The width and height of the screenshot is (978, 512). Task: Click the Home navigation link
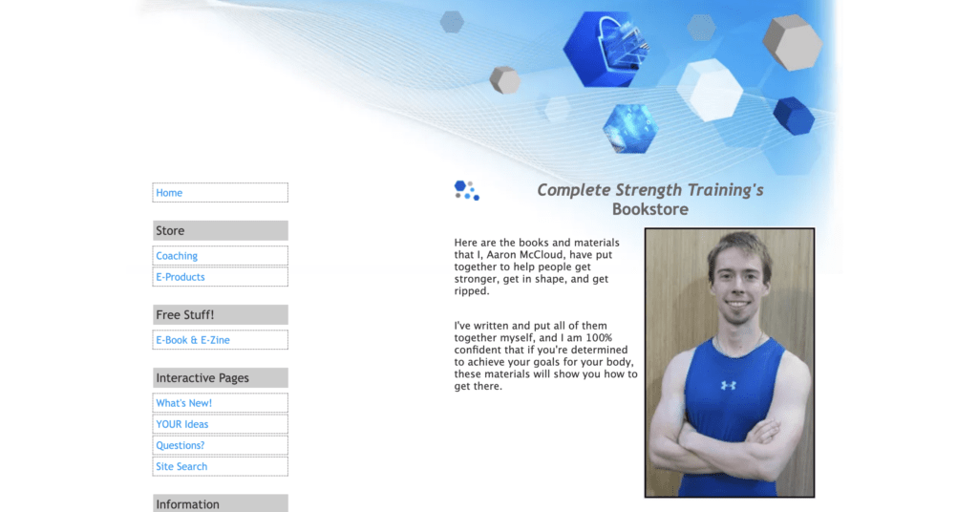tap(169, 193)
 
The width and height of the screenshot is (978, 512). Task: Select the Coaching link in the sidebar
tap(177, 256)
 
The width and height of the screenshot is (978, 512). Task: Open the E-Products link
tap(181, 277)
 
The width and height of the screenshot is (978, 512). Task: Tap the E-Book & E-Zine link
tap(193, 340)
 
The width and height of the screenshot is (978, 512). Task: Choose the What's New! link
tap(184, 403)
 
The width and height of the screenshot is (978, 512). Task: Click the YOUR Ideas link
tap(182, 424)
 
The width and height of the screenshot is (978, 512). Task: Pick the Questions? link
tap(181, 445)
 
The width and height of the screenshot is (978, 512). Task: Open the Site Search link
tap(181, 466)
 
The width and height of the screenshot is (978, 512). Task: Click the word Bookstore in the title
tap(649, 209)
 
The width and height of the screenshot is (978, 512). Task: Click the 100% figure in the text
tap(599, 337)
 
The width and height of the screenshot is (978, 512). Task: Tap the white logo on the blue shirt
tap(728, 385)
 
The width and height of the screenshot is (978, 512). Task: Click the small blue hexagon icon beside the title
tap(466, 190)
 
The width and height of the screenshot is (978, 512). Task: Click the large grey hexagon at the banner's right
tap(792, 42)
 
